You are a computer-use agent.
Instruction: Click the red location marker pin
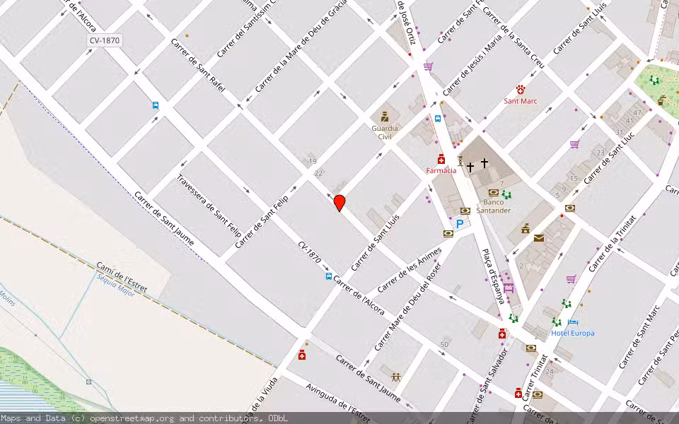pyautogui.click(x=339, y=203)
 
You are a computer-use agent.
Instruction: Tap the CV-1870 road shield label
pyautogui.click(x=104, y=41)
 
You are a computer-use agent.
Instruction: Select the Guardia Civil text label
pyautogui.click(x=385, y=132)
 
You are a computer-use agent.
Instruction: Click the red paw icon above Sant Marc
pyautogui.click(x=521, y=89)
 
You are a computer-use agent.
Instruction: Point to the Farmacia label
pyautogui.click(x=441, y=170)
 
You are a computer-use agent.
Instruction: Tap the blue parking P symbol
pyautogui.click(x=460, y=224)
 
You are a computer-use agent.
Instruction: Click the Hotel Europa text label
pyautogui.click(x=573, y=333)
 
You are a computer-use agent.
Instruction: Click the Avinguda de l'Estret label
pyautogui.click(x=337, y=399)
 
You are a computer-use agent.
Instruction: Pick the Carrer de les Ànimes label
pyautogui.click(x=410, y=269)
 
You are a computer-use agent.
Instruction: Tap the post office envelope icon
pyautogui.click(x=539, y=238)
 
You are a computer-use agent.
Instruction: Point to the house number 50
pyautogui.click(x=444, y=344)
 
